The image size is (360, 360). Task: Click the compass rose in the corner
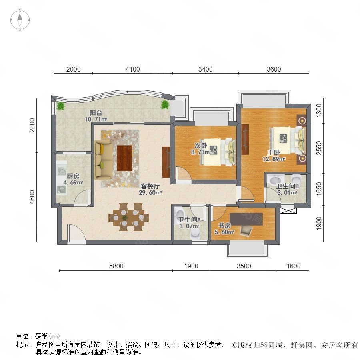click(20, 20)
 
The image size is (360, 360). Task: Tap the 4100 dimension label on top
click(133, 69)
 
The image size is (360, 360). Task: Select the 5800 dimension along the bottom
click(116, 266)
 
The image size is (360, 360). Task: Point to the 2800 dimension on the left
click(32, 125)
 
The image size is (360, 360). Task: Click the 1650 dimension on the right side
click(319, 189)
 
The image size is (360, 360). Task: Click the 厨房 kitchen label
click(73, 176)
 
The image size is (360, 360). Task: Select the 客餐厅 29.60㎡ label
click(150, 189)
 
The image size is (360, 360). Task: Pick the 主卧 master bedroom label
click(274, 152)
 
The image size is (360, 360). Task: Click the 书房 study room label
click(224, 226)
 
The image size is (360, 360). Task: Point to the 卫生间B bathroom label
click(287, 186)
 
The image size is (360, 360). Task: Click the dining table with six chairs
click(128, 217)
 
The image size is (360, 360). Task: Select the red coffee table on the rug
click(124, 158)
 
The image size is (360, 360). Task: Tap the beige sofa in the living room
click(103, 160)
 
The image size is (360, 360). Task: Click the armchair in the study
click(246, 230)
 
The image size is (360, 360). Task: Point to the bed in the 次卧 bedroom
click(218, 152)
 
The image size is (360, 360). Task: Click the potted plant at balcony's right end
click(165, 104)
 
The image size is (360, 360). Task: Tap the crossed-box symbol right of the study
click(288, 210)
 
